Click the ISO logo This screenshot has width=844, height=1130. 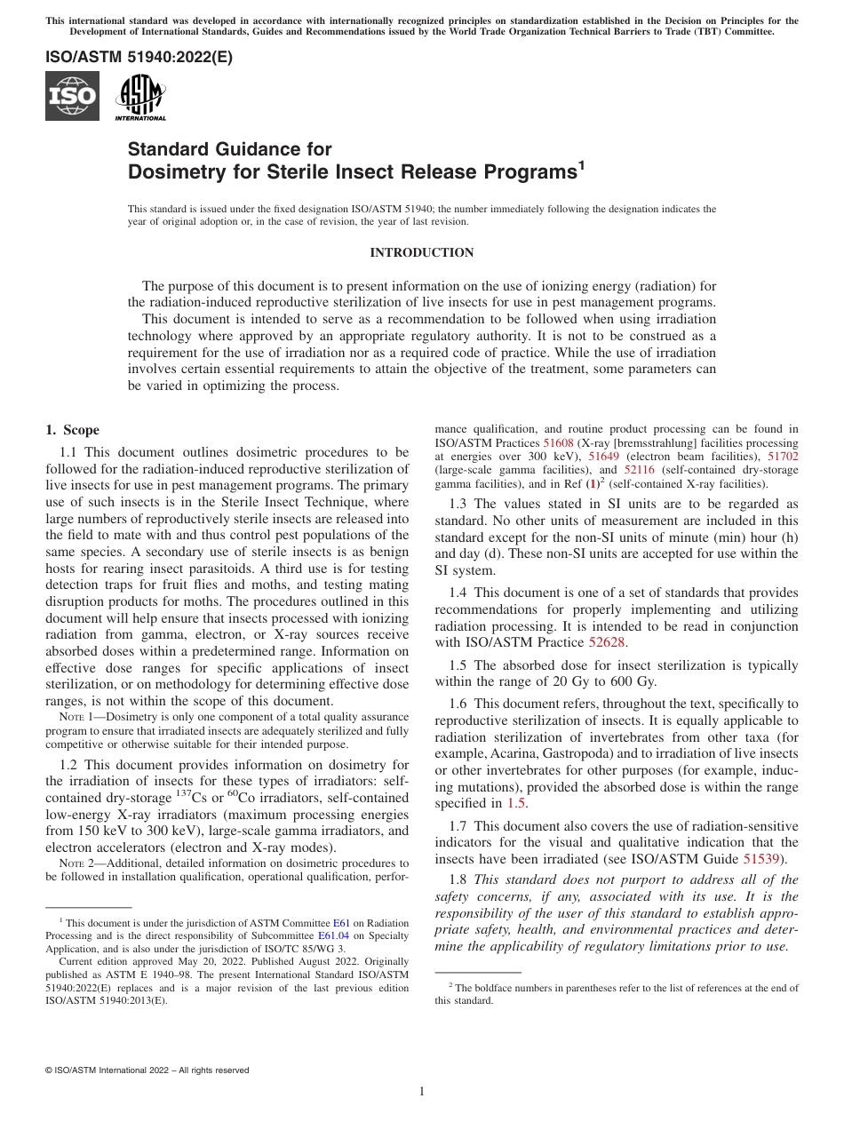pos(72,96)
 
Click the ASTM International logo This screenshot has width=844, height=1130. pos(140,97)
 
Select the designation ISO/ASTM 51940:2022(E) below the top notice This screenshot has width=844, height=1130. pos(139,58)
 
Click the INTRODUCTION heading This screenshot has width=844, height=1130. pos(421,253)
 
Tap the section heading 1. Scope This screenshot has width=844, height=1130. pos(73,431)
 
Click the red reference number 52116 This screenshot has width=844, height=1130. pos(639,470)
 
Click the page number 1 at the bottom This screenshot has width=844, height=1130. pos(422,1092)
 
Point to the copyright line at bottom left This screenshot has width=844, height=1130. pos(147,1070)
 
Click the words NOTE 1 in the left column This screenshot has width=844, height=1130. pos(75,716)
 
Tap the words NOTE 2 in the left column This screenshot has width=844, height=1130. pos(75,863)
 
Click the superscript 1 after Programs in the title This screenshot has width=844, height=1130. pos(582,164)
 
